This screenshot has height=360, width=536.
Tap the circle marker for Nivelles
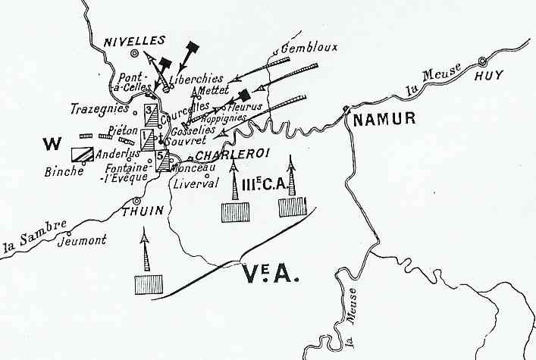click(136, 54)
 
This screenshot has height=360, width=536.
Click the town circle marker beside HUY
click(482, 61)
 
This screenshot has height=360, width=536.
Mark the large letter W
click(52, 142)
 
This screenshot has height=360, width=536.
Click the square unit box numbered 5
click(163, 161)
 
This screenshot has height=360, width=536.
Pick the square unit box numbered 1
click(149, 139)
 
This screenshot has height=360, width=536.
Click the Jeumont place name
click(85, 241)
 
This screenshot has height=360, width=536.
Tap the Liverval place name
click(196, 183)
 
